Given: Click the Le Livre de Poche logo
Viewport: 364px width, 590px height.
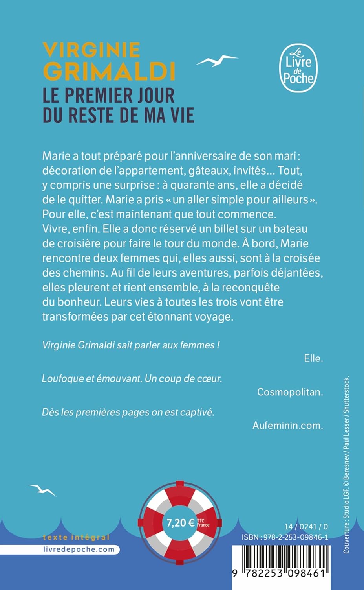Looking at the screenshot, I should (x=298, y=68).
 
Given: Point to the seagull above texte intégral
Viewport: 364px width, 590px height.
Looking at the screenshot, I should (x=42, y=490).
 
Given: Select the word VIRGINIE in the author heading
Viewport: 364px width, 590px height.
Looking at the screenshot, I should (x=91, y=50).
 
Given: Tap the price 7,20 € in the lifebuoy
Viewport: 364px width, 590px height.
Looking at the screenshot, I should (x=181, y=522).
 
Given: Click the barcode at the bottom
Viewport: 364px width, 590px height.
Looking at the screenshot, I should (x=281, y=566).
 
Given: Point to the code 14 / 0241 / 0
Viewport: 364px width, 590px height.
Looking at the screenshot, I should (x=306, y=527).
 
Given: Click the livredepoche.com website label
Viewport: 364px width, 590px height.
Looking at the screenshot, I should (x=79, y=549).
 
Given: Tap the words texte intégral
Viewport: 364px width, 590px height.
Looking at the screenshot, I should (x=76, y=537).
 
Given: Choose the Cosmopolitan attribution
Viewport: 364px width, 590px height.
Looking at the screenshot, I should (x=290, y=392).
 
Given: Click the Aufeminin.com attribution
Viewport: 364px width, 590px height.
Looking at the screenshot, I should (x=287, y=425).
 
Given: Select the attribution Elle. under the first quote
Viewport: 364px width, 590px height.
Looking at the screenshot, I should (x=313, y=358).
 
